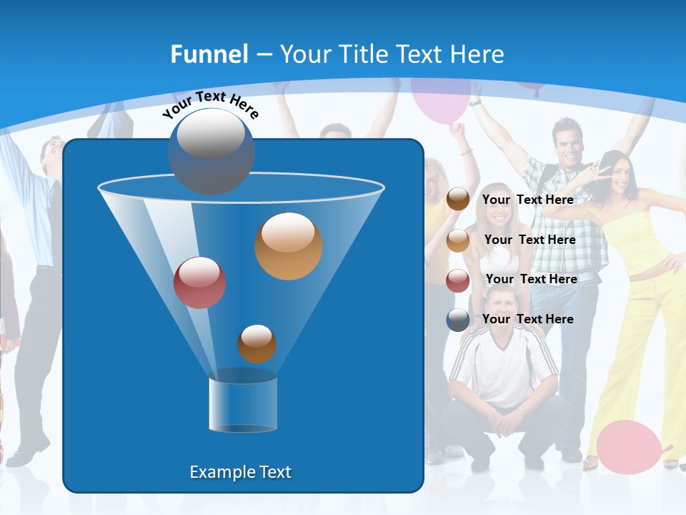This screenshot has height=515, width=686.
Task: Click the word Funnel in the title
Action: coord(209,54)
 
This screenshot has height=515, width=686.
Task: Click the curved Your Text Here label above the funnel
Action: coord(211,104)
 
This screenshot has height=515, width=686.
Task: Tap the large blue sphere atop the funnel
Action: coord(212,151)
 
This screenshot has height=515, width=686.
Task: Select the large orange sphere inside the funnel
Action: coord(289,246)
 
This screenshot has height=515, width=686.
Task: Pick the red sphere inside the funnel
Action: coord(200,283)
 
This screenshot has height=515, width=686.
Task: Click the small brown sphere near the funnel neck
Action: coord(257,344)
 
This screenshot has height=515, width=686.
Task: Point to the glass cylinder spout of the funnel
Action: coord(242,404)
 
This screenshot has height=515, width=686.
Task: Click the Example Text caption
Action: coord(241,472)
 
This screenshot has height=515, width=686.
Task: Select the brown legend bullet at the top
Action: coord(458,200)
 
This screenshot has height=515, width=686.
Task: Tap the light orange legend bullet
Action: coord(458,240)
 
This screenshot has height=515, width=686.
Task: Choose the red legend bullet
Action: coord(458,280)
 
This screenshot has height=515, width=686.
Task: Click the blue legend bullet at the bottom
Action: coord(458,320)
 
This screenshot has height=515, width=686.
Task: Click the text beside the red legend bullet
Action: coord(531,279)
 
